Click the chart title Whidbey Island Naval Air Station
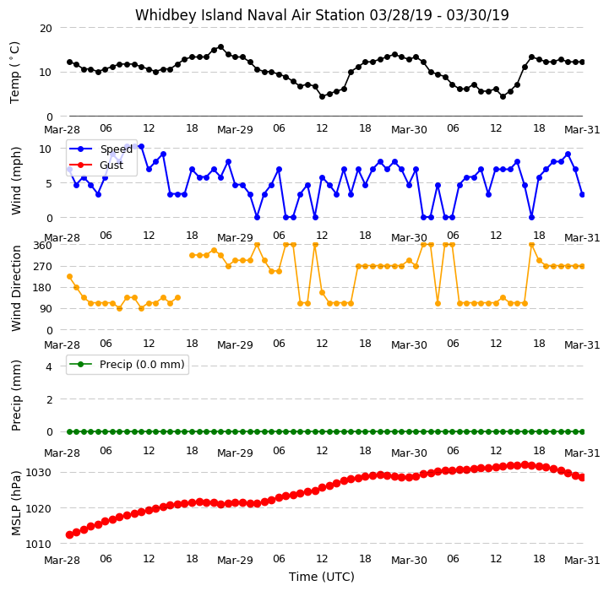tap(250, 15)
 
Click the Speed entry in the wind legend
tap(101, 149)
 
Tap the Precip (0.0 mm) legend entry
tap(127, 364)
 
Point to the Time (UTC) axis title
tap(322, 577)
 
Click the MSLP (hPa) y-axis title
tap(16, 503)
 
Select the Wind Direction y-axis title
tap(16, 288)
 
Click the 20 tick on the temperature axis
tap(46, 29)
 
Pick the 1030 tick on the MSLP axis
tap(39, 473)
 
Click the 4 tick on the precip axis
tap(49, 366)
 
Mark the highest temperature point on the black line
tap(221, 47)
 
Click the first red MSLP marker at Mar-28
tap(69, 534)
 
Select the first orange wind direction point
tap(69, 276)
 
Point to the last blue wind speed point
tap(582, 194)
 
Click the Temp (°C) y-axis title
tap(14, 73)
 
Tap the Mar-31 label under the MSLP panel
tap(582, 560)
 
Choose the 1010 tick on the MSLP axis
tap(39, 544)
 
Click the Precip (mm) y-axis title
tap(16, 395)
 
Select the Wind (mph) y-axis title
tap(16, 181)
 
